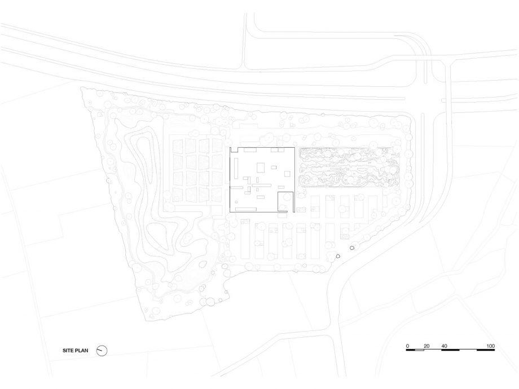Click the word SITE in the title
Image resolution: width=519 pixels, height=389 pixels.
tap(68, 350)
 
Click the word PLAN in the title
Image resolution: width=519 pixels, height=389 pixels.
tap(81, 350)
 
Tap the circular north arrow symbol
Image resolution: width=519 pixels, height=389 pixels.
tap(102, 351)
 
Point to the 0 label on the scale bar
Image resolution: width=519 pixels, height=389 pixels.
tap(407, 346)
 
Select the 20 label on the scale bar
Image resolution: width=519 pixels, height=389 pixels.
tap(426, 346)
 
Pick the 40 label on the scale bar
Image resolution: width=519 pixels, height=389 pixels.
tap(444, 346)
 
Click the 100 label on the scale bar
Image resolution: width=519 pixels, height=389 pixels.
tap(491, 346)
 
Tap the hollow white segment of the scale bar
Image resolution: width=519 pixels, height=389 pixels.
tap(419, 350)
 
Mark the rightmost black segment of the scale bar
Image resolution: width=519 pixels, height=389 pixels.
tap(486, 350)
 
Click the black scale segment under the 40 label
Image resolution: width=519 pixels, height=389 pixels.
tap(451, 350)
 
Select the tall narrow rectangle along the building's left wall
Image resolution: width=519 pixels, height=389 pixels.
tap(236, 167)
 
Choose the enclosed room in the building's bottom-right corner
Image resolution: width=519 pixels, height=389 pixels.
tap(285, 201)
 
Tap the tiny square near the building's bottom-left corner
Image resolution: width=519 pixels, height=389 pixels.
tap(236, 202)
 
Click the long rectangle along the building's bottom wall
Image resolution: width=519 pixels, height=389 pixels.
tap(246, 209)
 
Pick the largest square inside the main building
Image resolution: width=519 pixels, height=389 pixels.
tap(261, 167)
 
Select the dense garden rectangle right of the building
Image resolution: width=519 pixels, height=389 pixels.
tap(349, 167)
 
